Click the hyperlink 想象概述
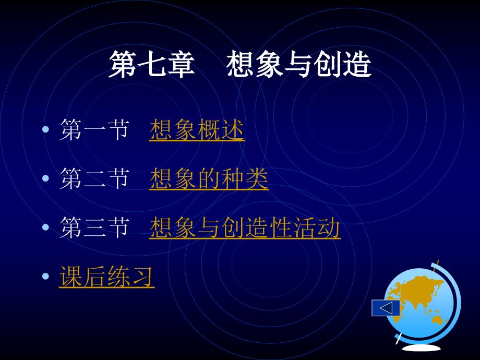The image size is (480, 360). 197,130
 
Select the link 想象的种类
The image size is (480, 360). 209,179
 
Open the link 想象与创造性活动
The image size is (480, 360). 245,228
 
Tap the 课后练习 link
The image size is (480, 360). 106,277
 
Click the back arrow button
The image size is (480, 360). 386,308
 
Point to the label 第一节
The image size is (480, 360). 94,130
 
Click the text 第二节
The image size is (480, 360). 94,179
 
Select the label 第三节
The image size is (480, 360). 94,228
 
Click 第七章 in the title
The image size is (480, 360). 151,64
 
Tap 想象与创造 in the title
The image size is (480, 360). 299,64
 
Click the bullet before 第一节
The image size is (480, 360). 45,129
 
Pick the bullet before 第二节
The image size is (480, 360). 45,178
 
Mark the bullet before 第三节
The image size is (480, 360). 45,227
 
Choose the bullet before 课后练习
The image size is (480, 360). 45,276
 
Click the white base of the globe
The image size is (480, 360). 421,348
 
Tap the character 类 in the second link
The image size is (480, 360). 257,179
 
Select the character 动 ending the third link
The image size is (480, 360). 329,228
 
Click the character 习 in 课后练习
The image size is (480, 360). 142,277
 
